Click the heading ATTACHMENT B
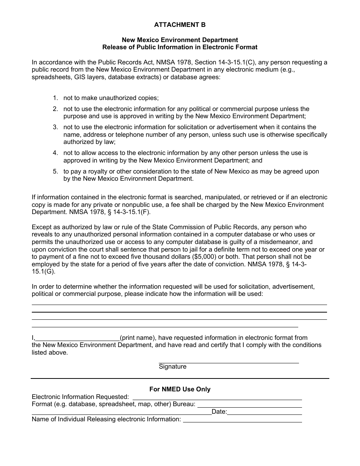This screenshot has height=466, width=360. click(x=180, y=25)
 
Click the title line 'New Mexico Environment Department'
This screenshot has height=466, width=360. click(x=180, y=40)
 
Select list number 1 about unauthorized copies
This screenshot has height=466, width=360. click(x=55, y=98)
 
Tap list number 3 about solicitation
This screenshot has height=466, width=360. click(x=55, y=127)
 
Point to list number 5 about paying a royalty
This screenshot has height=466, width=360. click(x=55, y=172)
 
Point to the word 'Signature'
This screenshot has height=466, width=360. click(x=172, y=367)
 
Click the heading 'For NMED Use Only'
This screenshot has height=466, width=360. click(x=180, y=389)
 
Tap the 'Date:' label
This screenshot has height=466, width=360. click(x=219, y=412)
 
